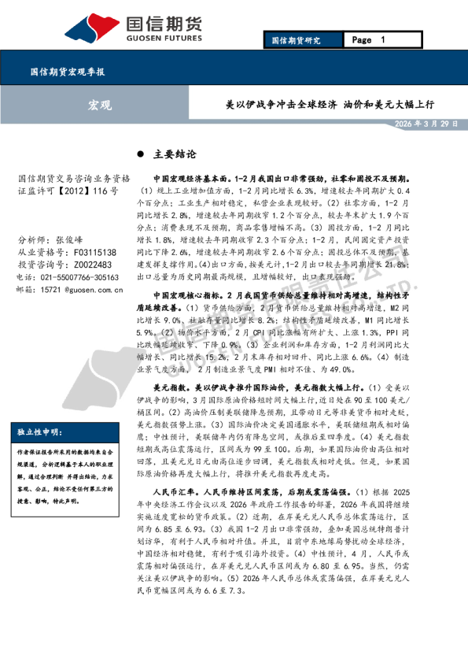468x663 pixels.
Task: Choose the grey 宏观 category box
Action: [x=99, y=105]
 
